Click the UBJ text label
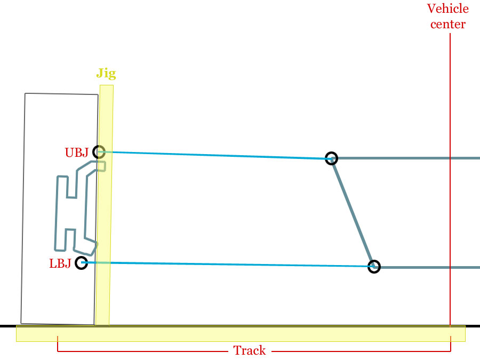tap(76, 153)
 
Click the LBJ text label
tap(60, 263)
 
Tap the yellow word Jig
tap(106, 74)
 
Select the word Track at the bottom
tap(250, 350)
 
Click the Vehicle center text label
tap(448, 17)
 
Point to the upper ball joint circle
tap(99, 152)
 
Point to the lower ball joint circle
tap(81, 262)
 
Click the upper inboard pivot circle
tap(332, 158)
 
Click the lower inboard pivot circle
tap(374, 267)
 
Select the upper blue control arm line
tap(213, 155)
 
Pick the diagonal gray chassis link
tap(353, 213)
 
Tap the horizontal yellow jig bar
tap(240, 333)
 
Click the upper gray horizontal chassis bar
tap(405, 158)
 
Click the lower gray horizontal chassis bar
tap(427, 267)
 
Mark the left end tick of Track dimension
tap(58, 345)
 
